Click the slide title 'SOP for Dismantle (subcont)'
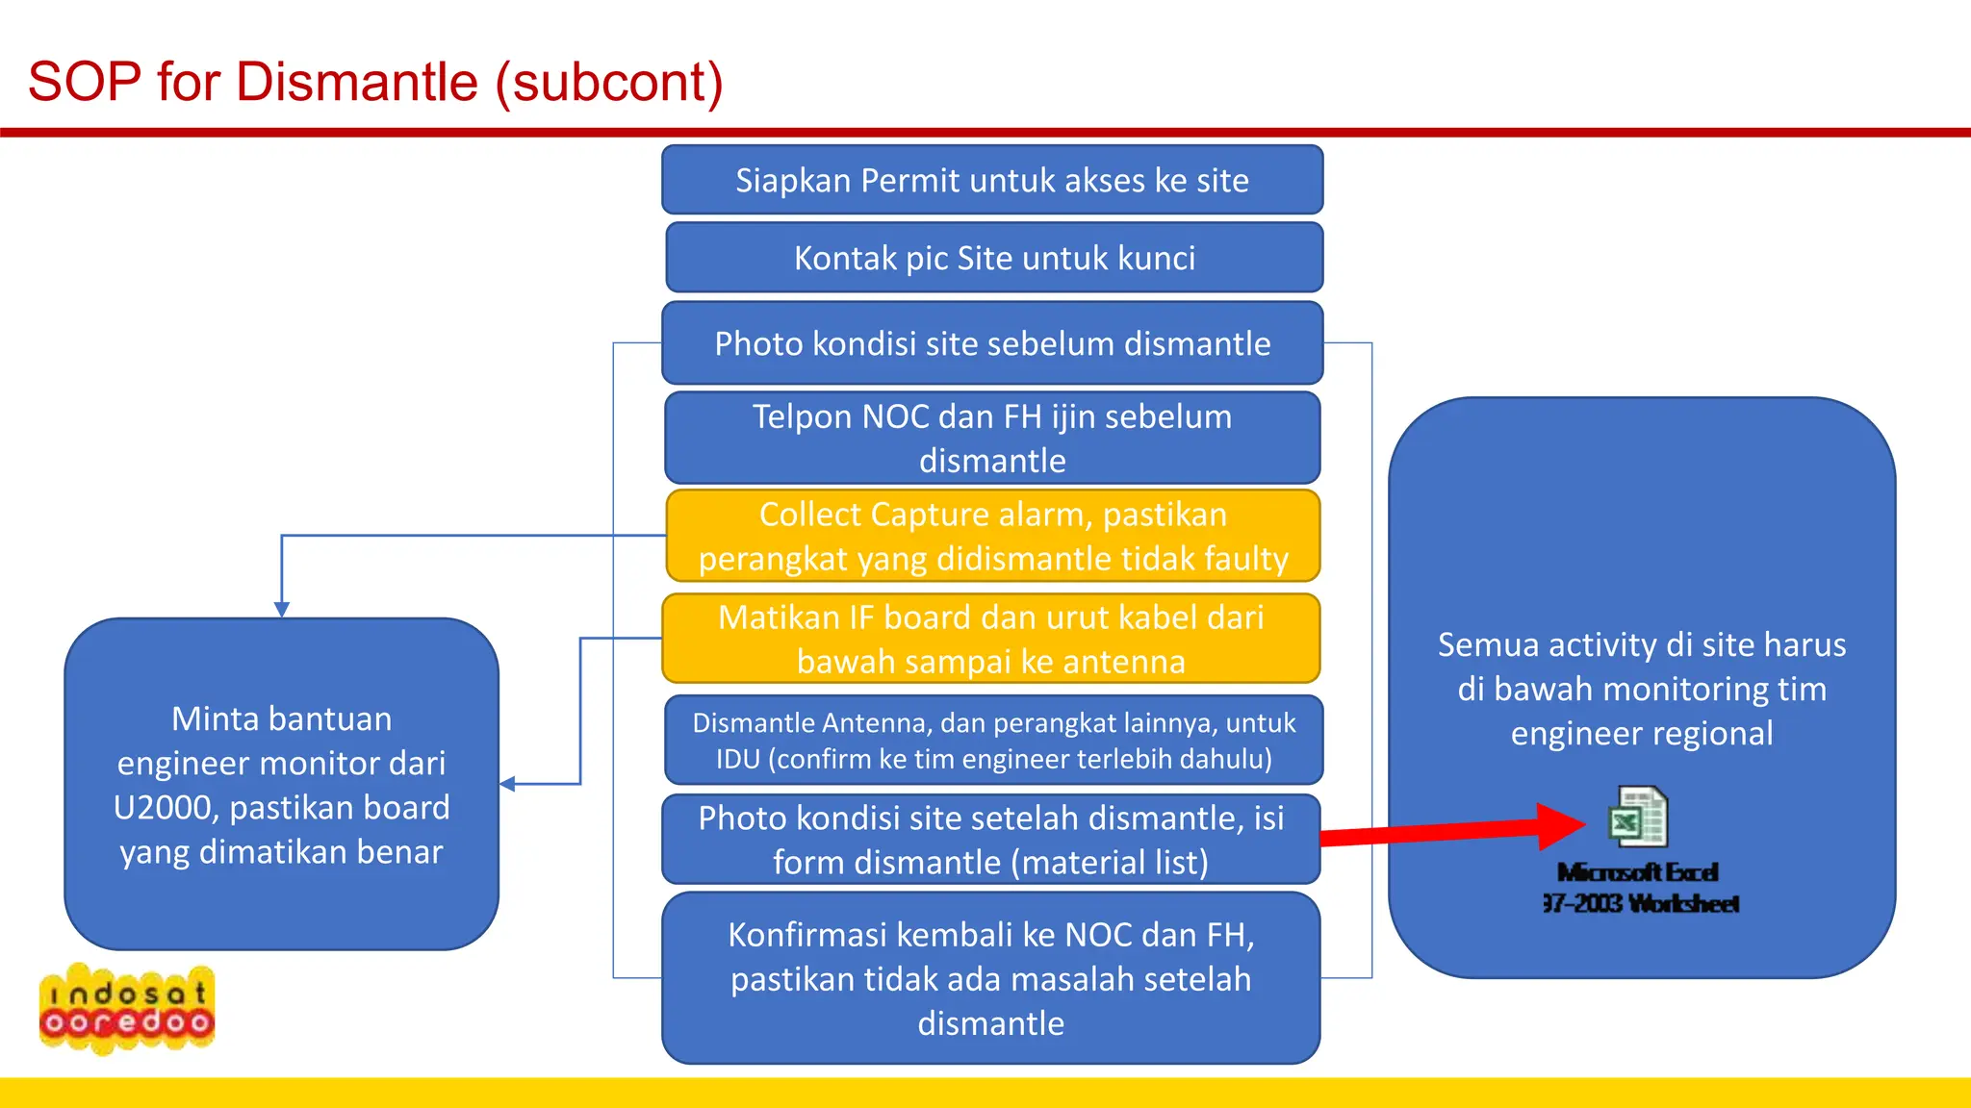click(375, 82)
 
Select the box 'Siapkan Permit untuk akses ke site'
click(992, 180)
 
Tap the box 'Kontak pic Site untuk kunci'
click(994, 258)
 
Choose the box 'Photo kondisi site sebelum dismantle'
click(992, 343)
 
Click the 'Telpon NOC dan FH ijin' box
click(992, 438)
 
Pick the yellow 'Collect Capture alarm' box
click(992, 536)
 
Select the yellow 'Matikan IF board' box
click(990, 639)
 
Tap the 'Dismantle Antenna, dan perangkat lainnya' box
click(993, 741)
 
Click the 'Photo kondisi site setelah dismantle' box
click(990, 840)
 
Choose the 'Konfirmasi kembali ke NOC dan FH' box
click(990, 978)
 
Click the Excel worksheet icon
click(1637, 818)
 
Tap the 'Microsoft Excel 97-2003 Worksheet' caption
click(1639, 888)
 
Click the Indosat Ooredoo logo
click(127, 1008)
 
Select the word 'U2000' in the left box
click(166, 808)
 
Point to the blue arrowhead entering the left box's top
click(282, 610)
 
